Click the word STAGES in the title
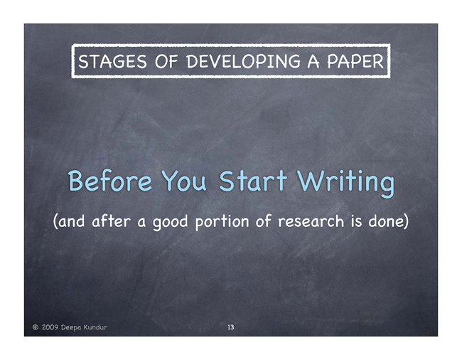(112, 61)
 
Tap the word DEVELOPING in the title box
(243, 61)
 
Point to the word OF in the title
(166, 61)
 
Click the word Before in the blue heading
(110, 180)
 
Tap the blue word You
(184, 180)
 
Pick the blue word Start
(253, 180)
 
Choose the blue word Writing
(345, 183)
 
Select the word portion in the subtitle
(222, 222)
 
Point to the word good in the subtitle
(170, 223)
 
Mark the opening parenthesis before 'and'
(55, 221)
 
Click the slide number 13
(231, 327)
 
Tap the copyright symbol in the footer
(36, 327)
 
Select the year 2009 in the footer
(50, 327)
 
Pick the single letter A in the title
(313, 61)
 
